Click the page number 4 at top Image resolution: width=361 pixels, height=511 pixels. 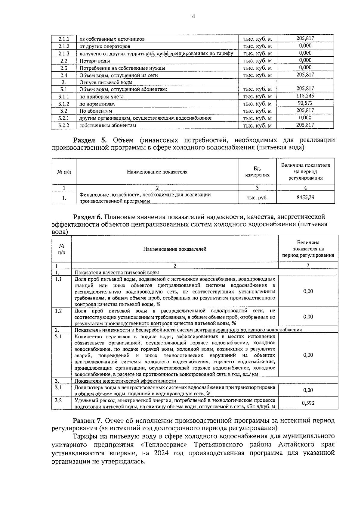click(x=193, y=17)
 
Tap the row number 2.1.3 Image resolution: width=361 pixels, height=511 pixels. click(x=64, y=54)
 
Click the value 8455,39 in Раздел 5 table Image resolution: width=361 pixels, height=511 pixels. click(x=305, y=198)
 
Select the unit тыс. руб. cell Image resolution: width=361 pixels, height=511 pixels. click(x=257, y=198)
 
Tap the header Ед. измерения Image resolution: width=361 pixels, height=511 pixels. click(x=257, y=172)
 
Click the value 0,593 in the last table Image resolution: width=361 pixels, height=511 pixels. click(x=308, y=403)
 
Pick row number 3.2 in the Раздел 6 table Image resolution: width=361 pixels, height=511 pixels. click(x=58, y=400)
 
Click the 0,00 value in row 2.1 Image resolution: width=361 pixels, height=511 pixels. click(x=308, y=355)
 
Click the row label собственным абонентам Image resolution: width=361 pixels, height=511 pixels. click(x=108, y=125)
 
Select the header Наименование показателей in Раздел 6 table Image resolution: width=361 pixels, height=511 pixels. click(x=175, y=249)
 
